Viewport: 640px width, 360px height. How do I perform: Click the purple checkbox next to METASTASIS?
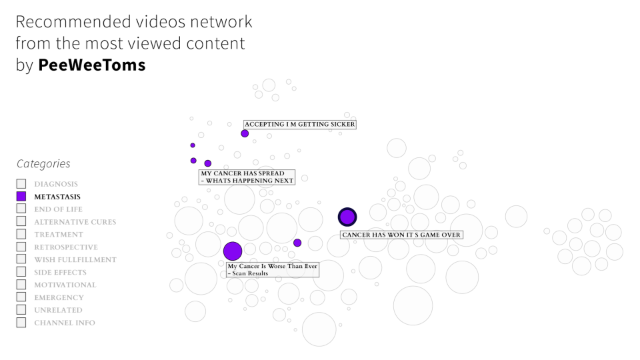(x=21, y=197)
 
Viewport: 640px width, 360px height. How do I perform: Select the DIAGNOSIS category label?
(x=56, y=184)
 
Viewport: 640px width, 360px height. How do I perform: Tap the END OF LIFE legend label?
(x=59, y=209)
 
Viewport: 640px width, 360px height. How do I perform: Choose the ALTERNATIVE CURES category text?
(x=75, y=222)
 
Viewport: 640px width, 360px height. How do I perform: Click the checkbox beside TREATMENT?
(x=21, y=235)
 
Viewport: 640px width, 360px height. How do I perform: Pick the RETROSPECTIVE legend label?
(x=66, y=247)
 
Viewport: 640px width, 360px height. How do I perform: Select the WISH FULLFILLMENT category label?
(x=75, y=260)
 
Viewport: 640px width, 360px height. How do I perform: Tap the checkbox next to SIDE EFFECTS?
(x=21, y=272)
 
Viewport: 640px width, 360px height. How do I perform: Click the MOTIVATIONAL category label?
(x=65, y=285)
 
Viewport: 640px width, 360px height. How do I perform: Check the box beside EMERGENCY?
(x=21, y=297)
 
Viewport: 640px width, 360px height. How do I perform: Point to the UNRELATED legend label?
(x=59, y=310)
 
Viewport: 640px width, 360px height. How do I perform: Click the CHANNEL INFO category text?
(x=65, y=323)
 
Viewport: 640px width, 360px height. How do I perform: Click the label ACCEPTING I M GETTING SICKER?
(x=299, y=124)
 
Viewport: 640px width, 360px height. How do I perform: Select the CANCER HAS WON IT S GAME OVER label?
(x=401, y=235)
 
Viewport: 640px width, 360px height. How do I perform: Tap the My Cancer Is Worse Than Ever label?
(x=273, y=269)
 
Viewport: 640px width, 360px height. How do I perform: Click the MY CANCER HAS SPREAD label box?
(x=247, y=177)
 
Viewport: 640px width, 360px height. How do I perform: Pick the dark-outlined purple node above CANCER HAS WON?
(x=347, y=217)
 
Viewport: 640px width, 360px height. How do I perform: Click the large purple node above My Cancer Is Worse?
(x=232, y=251)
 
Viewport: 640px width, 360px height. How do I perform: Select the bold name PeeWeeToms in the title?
(x=92, y=65)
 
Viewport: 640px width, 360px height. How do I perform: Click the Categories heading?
(x=43, y=164)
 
